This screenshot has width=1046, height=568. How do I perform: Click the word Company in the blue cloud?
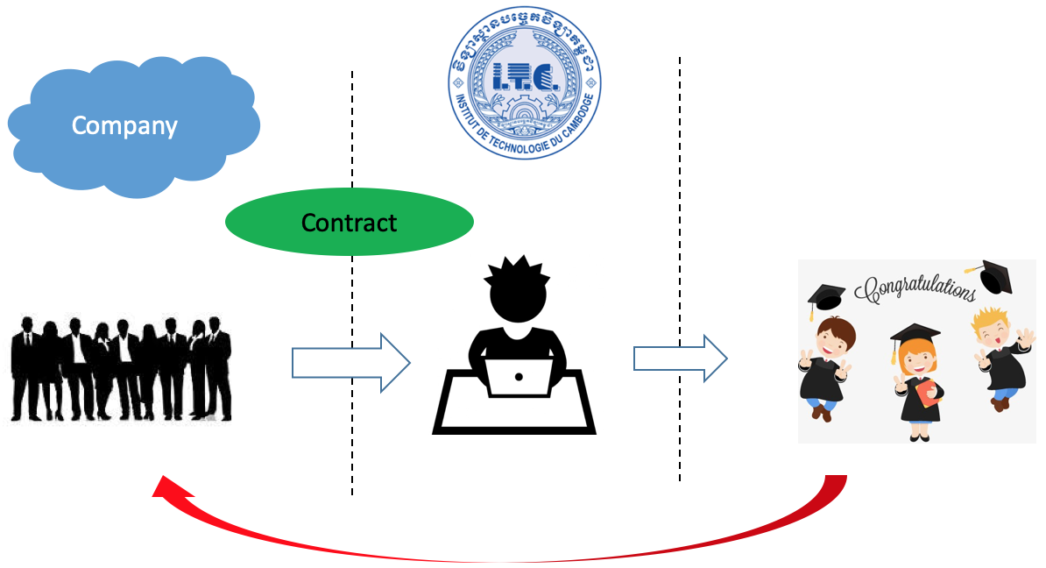click(124, 126)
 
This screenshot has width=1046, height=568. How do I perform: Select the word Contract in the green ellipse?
click(349, 223)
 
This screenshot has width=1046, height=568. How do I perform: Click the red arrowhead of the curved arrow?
click(163, 486)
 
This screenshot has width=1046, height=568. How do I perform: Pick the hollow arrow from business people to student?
click(350, 361)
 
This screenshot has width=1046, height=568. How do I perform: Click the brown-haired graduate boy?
click(828, 364)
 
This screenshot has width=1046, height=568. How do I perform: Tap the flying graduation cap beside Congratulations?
click(993, 275)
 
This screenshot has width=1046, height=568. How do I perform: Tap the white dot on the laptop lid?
click(519, 377)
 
